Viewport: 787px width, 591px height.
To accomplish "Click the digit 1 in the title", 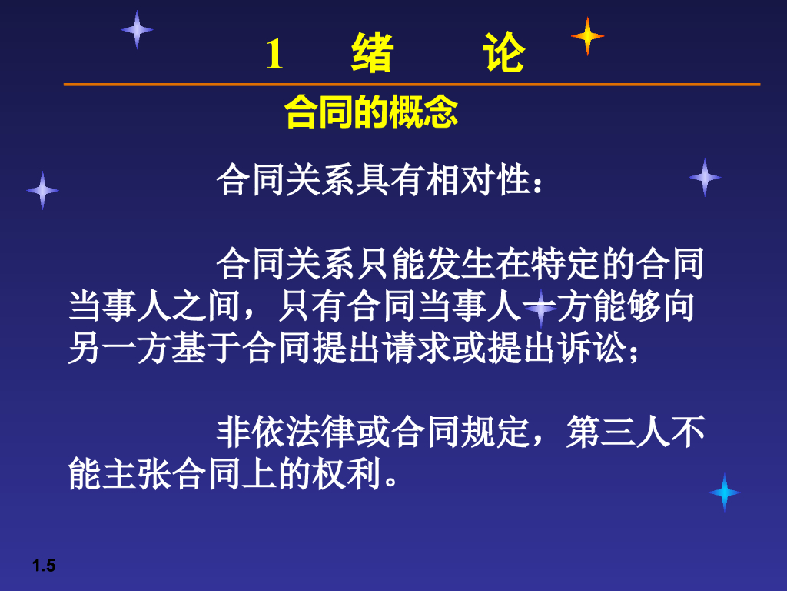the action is click(274, 54).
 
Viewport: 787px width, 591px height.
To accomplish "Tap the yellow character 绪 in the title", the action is click(371, 53).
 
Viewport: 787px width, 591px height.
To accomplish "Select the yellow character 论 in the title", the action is click(504, 52).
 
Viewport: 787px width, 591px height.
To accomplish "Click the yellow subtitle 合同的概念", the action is click(371, 112).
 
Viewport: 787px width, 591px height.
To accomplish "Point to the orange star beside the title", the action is click(587, 36).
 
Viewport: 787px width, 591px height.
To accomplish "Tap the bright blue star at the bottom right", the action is click(724, 492).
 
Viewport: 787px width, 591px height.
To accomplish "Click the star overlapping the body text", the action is click(540, 307).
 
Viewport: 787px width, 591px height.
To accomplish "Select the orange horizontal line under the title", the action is click(412, 85).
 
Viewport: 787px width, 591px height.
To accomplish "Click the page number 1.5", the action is click(44, 566).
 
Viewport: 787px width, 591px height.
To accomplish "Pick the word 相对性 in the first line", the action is click(477, 180).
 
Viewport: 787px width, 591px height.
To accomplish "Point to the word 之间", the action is click(206, 306).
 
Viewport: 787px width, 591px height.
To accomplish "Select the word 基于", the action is click(206, 348).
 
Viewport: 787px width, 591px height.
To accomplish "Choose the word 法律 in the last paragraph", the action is click(320, 432).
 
